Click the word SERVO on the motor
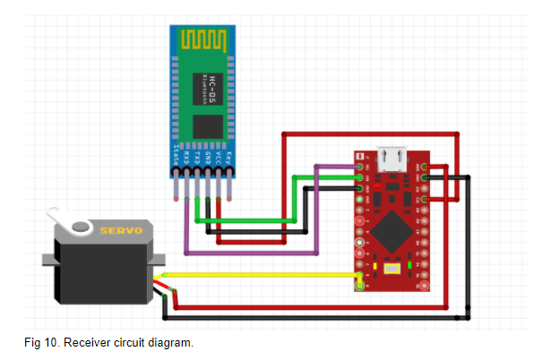point(121,231)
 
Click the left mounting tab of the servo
point(50,261)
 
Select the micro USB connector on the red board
point(392,160)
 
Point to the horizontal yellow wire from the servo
point(260,274)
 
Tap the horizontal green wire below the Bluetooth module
point(242,220)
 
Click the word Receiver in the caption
point(90,343)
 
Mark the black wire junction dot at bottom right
point(467,316)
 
